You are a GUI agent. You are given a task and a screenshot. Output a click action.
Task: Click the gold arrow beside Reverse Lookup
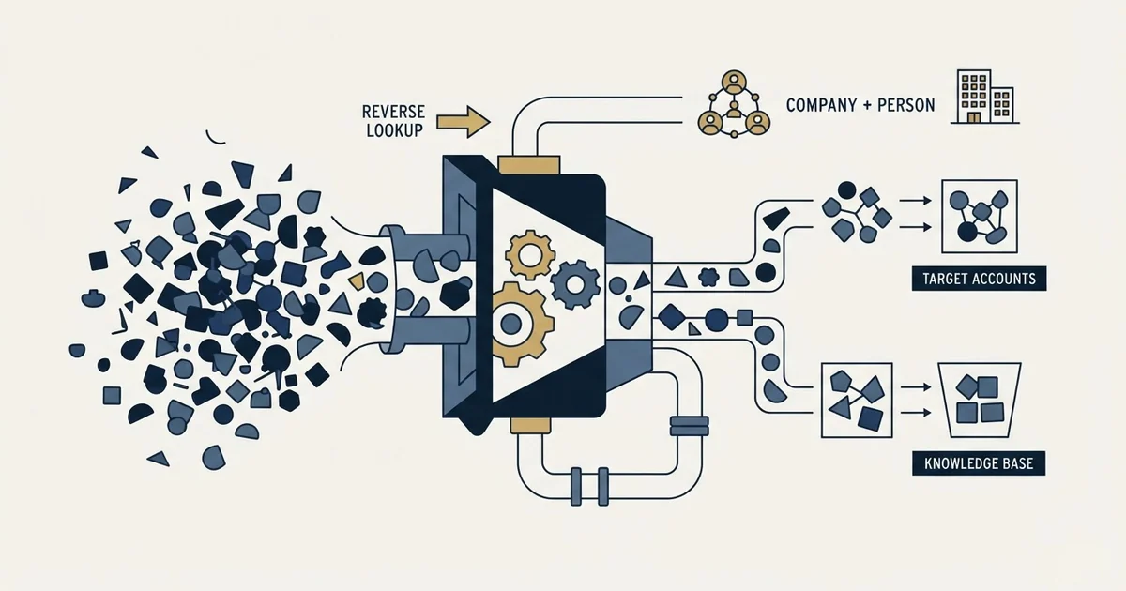(464, 122)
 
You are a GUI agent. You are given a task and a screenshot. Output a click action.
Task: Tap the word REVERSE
(393, 112)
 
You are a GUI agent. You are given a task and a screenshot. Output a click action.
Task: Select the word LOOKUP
(395, 130)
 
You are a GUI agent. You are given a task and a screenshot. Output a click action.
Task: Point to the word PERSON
(906, 105)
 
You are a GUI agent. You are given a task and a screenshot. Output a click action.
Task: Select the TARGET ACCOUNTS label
(980, 279)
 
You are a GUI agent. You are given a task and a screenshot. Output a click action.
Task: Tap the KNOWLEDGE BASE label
(979, 463)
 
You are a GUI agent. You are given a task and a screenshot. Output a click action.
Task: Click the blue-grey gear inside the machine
(575, 284)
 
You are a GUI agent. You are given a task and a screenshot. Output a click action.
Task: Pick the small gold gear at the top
(530, 255)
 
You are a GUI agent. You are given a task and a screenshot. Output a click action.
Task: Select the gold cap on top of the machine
(529, 165)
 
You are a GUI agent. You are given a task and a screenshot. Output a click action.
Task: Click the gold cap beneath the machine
(530, 425)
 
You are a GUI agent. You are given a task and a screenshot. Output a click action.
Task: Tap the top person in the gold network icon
(734, 82)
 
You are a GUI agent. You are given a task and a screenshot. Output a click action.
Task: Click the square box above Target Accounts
(980, 216)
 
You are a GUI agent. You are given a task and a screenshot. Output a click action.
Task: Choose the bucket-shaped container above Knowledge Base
(980, 400)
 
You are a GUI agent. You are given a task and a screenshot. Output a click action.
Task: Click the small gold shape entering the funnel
(357, 281)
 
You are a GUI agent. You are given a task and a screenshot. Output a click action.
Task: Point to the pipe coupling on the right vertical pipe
(689, 426)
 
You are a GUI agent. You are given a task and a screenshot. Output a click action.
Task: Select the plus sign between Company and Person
(868, 105)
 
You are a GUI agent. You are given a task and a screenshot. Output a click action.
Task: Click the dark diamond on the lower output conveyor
(672, 317)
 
